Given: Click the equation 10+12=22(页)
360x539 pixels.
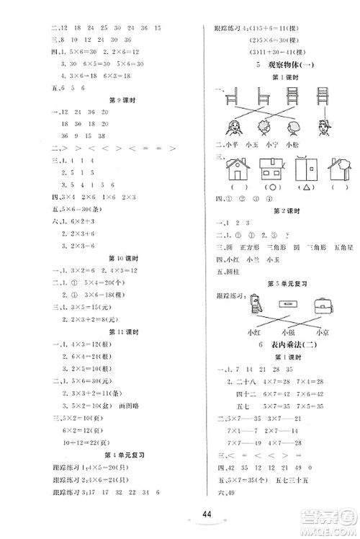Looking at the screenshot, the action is click(80, 441).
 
